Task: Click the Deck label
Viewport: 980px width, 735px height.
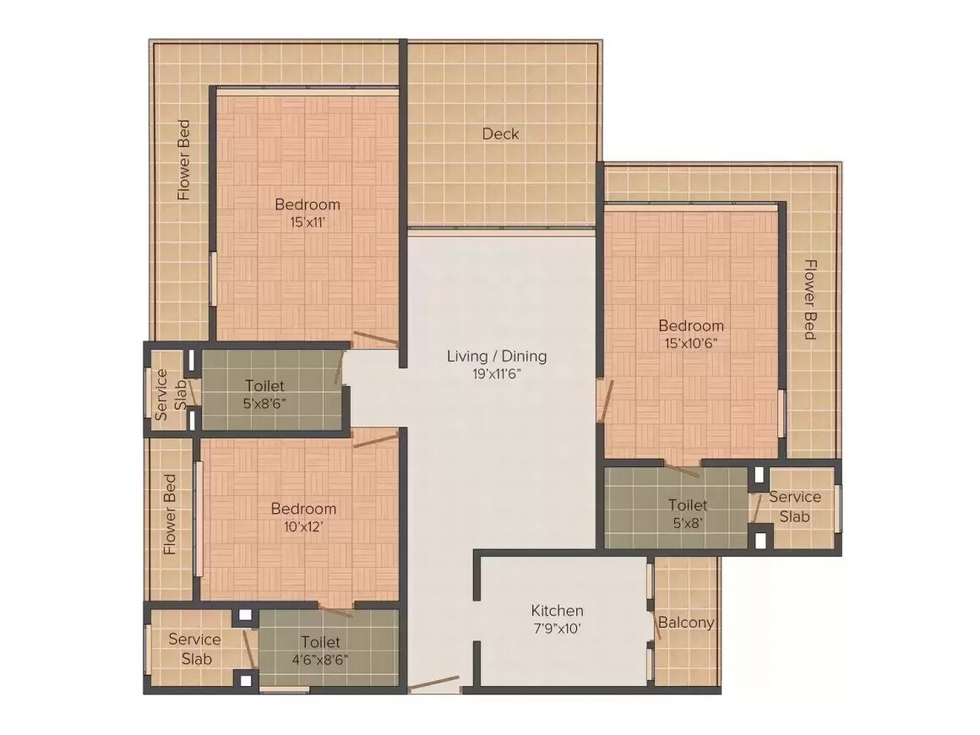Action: pyautogui.click(x=500, y=133)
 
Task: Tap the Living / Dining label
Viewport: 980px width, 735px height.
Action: pyautogui.click(x=497, y=356)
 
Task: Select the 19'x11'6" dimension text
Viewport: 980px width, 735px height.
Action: pyautogui.click(x=497, y=374)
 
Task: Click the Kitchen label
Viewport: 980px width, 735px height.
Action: pyautogui.click(x=557, y=610)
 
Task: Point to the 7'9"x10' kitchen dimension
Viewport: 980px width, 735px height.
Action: pyautogui.click(x=557, y=629)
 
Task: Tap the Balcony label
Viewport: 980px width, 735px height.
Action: pyautogui.click(x=686, y=623)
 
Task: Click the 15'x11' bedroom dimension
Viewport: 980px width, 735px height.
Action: pyautogui.click(x=308, y=223)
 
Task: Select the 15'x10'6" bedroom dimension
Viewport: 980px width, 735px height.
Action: pyautogui.click(x=691, y=344)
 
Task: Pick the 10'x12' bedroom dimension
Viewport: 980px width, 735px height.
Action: pyautogui.click(x=303, y=526)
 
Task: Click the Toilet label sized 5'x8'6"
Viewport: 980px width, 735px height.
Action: pyautogui.click(x=264, y=385)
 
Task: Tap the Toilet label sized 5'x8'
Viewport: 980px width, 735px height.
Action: pyautogui.click(x=688, y=504)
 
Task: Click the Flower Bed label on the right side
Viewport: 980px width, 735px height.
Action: pyautogui.click(x=809, y=299)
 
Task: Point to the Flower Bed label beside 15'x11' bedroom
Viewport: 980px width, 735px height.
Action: pyautogui.click(x=183, y=160)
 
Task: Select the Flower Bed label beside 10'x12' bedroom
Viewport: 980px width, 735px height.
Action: pyautogui.click(x=170, y=514)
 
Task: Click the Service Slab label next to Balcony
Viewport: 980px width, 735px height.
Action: pyautogui.click(x=794, y=506)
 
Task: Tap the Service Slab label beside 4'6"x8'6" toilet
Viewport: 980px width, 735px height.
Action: pyautogui.click(x=194, y=648)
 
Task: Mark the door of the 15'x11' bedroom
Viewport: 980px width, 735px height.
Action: pyautogui.click(x=376, y=339)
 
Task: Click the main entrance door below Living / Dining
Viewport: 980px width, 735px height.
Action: pyautogui.click(x=435, y=684)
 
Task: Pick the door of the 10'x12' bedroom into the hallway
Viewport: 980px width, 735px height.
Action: pyautogui.click(x=375, y=440)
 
